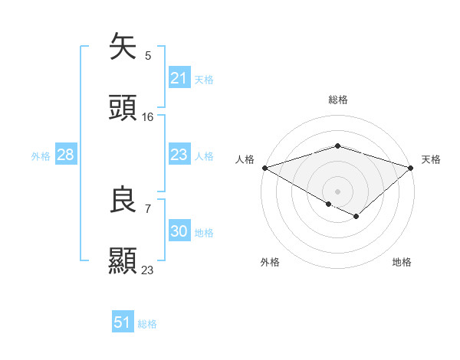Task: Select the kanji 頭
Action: pos(123,108)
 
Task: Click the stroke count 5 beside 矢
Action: pos(148,55)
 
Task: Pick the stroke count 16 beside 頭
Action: pos(148,117)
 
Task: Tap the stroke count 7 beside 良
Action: pos(148,208)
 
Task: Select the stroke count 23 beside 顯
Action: pos(148,270)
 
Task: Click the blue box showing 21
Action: pos(179,78)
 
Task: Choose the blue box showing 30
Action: pos(179,231)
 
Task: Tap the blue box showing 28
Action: pos(65,155)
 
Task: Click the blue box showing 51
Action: pos(122,322)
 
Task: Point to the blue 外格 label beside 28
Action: pos(41,155)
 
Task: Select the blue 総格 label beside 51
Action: pos(147,324)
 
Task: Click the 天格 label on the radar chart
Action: pos(431,159)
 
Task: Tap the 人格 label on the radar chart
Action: pos(245,159)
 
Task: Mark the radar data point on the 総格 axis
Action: pos(337,146)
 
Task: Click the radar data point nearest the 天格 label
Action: pos(412,167)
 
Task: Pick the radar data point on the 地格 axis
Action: pos(356,217)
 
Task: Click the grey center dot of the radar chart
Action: pos(337,191)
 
